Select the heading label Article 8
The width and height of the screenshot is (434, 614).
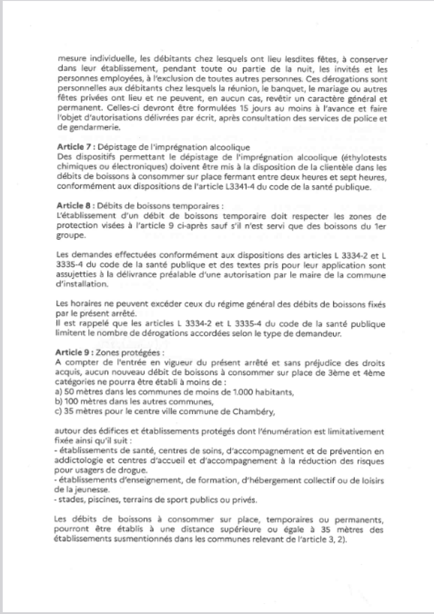(x=72, y=206)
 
